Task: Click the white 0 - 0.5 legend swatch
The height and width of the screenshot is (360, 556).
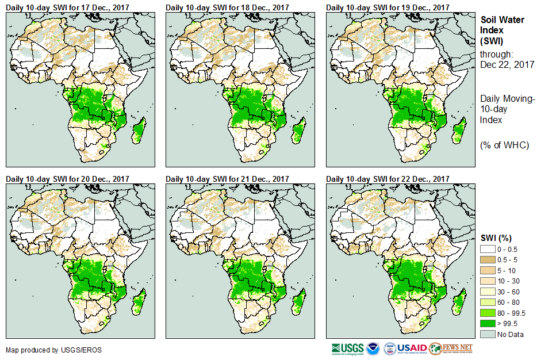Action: coord(488,248)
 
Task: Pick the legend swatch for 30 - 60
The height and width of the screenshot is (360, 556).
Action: coord(488,292)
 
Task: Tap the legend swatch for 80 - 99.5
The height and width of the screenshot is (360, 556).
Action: coord(488,313)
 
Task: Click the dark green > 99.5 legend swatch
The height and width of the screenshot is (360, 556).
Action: coord(488,324)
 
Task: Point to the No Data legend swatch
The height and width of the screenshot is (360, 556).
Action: coord(488,334)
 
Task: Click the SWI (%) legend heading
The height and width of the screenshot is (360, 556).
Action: coord(496,238)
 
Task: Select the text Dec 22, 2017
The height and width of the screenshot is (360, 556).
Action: coord(507,64)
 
